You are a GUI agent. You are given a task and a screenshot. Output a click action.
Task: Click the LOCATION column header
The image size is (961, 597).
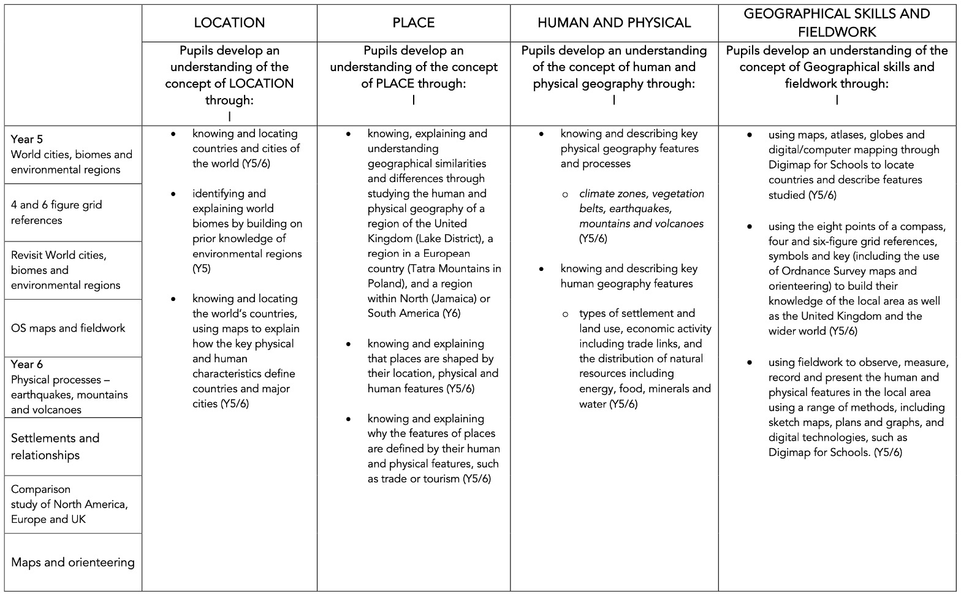229,23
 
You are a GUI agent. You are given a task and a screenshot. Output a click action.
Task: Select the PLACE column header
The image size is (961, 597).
414,23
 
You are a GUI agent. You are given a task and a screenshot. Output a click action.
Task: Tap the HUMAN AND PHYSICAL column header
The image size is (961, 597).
614,23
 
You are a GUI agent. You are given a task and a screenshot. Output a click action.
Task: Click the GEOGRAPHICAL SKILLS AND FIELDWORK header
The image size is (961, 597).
837,23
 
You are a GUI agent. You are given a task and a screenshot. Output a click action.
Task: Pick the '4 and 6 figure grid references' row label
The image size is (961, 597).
56,212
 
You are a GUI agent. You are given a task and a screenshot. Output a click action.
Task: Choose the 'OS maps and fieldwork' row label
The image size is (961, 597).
68,329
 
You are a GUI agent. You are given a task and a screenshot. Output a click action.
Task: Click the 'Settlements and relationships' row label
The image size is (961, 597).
55,446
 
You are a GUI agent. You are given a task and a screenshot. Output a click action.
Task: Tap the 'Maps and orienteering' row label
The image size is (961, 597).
73,562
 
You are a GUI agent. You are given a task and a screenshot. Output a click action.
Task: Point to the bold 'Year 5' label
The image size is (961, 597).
27,139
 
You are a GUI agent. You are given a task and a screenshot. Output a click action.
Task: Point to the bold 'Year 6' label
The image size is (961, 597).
27,364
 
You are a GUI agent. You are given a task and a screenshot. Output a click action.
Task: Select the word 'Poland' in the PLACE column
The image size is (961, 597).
384,283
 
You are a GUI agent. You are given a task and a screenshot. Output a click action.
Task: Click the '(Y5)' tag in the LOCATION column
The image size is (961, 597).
202,268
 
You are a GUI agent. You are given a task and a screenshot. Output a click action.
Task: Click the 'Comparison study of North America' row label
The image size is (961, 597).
69,504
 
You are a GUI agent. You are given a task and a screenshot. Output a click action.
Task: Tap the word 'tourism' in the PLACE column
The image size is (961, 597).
438,479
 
